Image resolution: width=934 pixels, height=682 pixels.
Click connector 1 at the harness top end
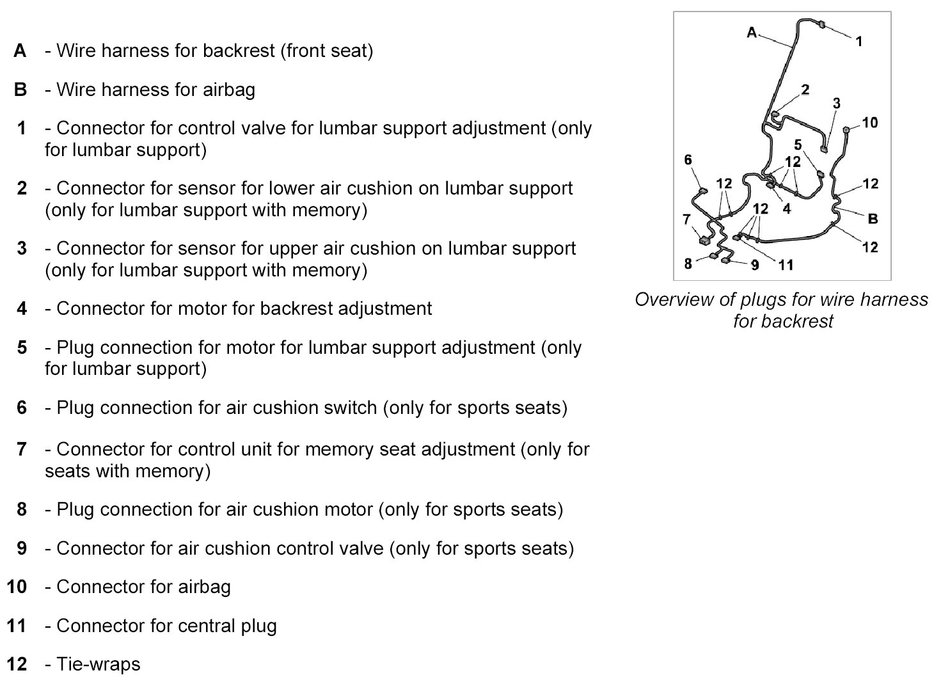point(822,25)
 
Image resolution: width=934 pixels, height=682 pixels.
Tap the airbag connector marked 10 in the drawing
point(846,130)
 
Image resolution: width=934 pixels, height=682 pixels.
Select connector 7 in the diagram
point(704,241)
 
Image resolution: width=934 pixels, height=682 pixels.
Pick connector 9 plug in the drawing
point(727,259)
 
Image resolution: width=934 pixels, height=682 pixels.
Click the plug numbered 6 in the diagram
point(704,190)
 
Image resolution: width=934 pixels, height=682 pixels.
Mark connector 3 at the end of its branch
point(824,150)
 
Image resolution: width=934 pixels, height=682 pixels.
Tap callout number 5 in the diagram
point(798,145)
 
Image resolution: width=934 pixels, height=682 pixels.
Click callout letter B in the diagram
point(873,219)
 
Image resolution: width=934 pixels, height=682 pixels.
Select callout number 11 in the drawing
point(786,264)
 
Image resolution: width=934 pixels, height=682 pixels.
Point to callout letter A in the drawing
point(752,32)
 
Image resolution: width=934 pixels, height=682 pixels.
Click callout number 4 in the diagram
point(786,208)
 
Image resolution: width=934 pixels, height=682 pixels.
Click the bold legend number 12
point(17,664)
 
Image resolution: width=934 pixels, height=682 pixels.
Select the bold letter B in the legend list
point(20,90)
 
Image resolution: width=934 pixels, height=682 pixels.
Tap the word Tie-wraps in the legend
point(98,664)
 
